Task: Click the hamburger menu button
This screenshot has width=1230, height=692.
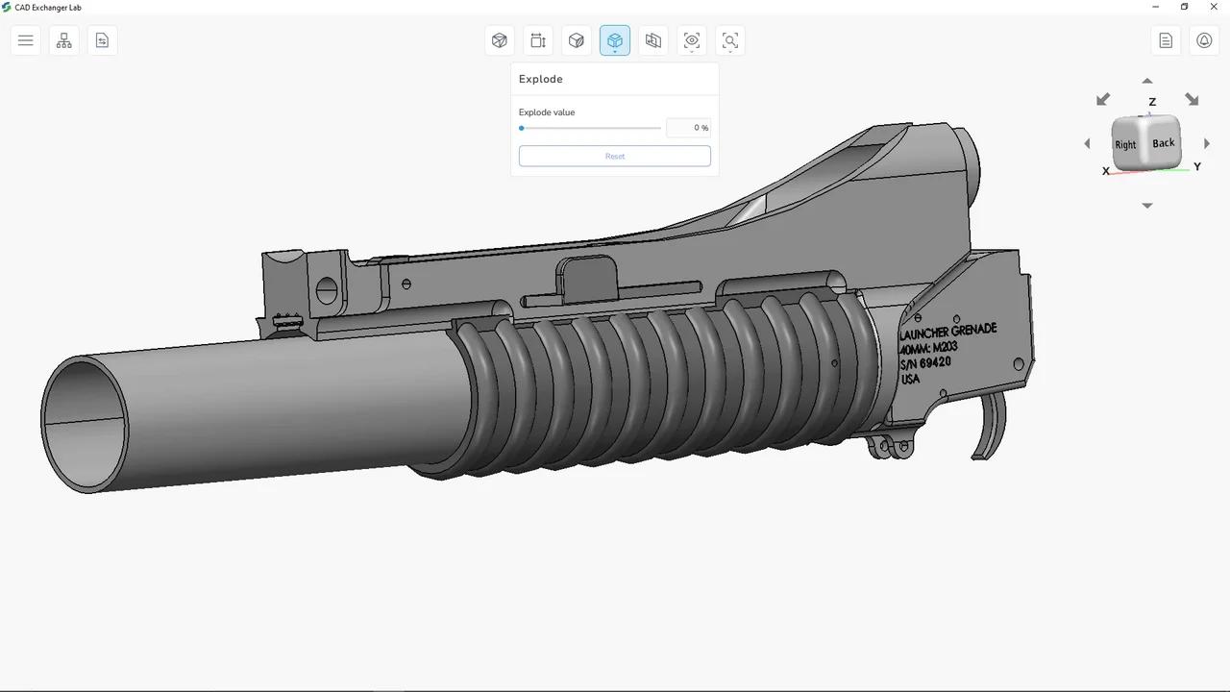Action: (26, 40)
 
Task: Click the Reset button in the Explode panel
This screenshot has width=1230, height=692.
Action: (615, 156)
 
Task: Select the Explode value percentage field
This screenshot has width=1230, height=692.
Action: (688, 128)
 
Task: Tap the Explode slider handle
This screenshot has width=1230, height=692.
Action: (522, 128)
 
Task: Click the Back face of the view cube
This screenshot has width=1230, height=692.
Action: (1163, 143)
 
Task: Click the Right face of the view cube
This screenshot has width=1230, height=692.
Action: (1125, 145)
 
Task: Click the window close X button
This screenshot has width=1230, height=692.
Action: (1214, 7)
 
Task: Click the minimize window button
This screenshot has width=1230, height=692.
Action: (1156, 7)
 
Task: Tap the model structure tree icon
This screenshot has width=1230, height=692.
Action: (64, 40)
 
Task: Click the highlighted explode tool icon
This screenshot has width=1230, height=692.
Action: (615, 40)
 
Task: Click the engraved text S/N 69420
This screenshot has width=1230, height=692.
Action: (925, 363)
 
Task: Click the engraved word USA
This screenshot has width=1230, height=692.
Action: (910, 379)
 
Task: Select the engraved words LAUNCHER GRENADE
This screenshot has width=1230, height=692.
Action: (947, 331)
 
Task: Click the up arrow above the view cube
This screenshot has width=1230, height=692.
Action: (1147, 81)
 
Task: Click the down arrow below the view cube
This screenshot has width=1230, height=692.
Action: (1147, 206)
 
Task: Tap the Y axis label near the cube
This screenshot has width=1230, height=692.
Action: (1197, 166)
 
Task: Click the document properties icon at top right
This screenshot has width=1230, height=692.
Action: (1166, 40)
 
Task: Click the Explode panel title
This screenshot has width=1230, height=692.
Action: (541, 79)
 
